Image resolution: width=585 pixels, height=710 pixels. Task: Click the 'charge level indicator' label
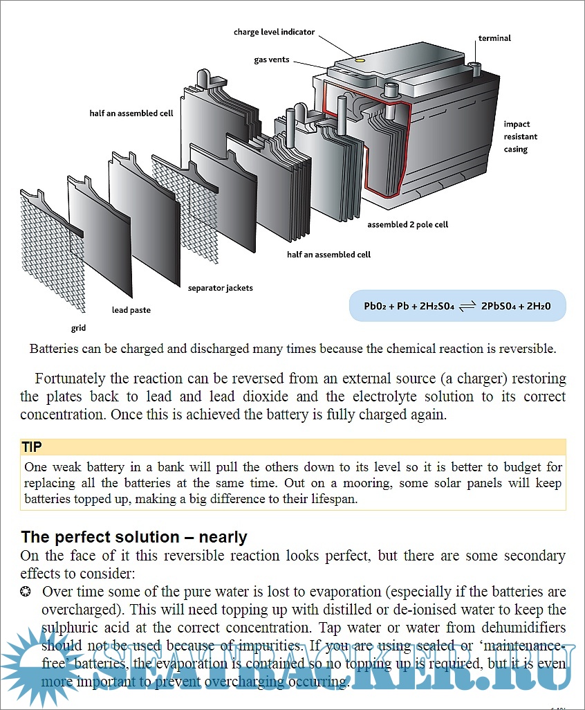(x=274, y=32)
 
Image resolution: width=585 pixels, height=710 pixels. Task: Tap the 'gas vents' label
(x=272, y=60)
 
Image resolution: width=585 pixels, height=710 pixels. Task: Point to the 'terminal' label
(x=494, y=38)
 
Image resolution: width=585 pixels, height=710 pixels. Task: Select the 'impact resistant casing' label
(x=520, y=136)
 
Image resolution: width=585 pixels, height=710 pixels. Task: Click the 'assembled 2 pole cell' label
(x=407, y=225)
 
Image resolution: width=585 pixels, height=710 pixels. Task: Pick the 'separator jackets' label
(x=221, y=288)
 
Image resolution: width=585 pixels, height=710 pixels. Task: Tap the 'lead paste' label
(x=131, y=310)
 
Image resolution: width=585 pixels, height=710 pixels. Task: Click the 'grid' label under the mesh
(x=78, y=328)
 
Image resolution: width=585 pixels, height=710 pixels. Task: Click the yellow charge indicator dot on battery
(x=360, y=61)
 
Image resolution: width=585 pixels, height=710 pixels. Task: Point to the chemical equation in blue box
(x=457, y=305)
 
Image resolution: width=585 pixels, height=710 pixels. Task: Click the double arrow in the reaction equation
(x=467, y=306)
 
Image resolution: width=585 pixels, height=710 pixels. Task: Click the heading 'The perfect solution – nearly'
(x=134, y=537)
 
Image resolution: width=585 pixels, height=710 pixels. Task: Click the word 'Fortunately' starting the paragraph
(x=68, y=379)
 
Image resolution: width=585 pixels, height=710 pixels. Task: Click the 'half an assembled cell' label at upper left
(x=131, y=113)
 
